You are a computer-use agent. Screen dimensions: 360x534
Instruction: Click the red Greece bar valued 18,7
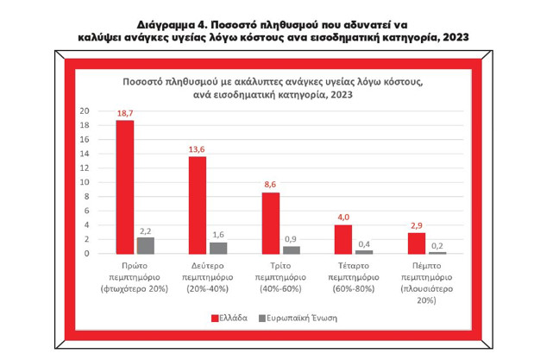(x=125, y=186)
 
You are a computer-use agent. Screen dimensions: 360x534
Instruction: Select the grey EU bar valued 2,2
(x=145, y=245)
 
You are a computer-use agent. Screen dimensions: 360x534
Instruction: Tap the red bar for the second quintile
(x=198, y=205)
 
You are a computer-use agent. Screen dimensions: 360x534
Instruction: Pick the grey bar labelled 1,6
(x=217, y=248)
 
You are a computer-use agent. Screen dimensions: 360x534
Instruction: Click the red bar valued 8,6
(x=271, y=223)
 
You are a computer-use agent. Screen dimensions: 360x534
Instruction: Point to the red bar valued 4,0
(x=343, y=239)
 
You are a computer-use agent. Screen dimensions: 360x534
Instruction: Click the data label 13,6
(x=198, y=148)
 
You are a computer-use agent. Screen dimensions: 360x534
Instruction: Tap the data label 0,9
(x=292, y=238)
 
